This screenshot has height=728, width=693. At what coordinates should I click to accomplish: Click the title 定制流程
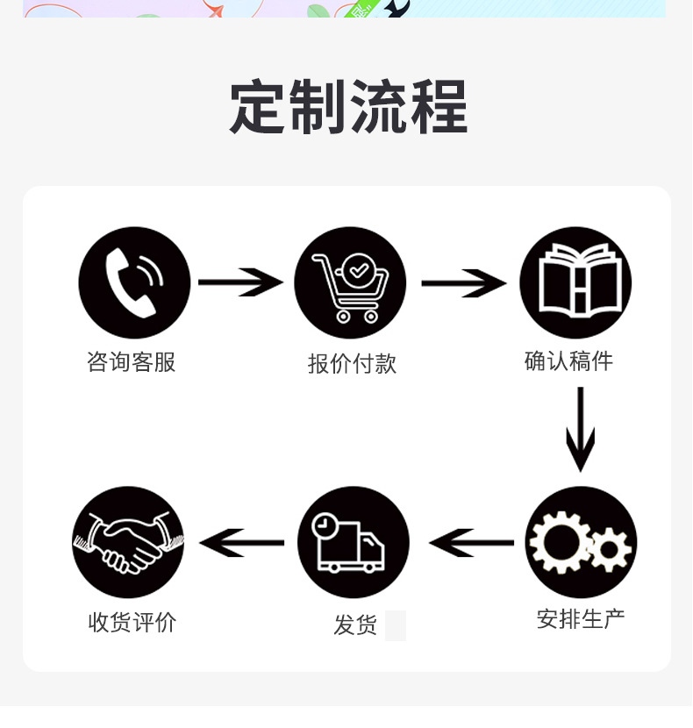coord(348,107)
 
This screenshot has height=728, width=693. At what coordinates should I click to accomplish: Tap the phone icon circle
coord(134,282)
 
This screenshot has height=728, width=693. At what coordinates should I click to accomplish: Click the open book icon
coord(575,282)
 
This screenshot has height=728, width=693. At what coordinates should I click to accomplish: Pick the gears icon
coord(581,542)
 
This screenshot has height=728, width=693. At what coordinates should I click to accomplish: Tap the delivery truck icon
coord(353,542)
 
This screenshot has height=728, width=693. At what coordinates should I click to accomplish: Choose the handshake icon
coord(128,542)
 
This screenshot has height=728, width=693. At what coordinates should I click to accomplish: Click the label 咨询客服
coord(132,362)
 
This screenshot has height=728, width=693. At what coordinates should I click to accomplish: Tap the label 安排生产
coord(581,618)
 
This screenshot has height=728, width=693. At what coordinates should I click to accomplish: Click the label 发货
coord(354,625)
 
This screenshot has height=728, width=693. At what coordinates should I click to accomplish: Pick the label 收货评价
coord(132,622)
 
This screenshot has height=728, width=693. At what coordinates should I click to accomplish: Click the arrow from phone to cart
coord(240,282)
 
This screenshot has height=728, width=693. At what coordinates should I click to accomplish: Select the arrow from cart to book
coord(463,283)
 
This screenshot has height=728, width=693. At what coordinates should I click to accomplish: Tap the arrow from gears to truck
coord(472,543)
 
